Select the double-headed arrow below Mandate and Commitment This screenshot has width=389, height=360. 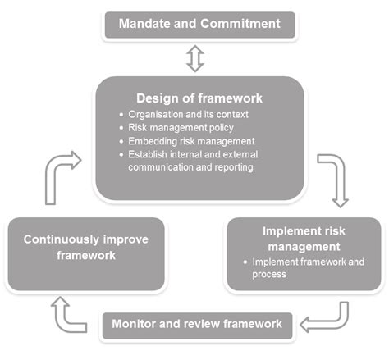click(194, 58)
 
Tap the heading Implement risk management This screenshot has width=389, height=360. click(304, 239)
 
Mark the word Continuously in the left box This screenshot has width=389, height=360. click(63, 240)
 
